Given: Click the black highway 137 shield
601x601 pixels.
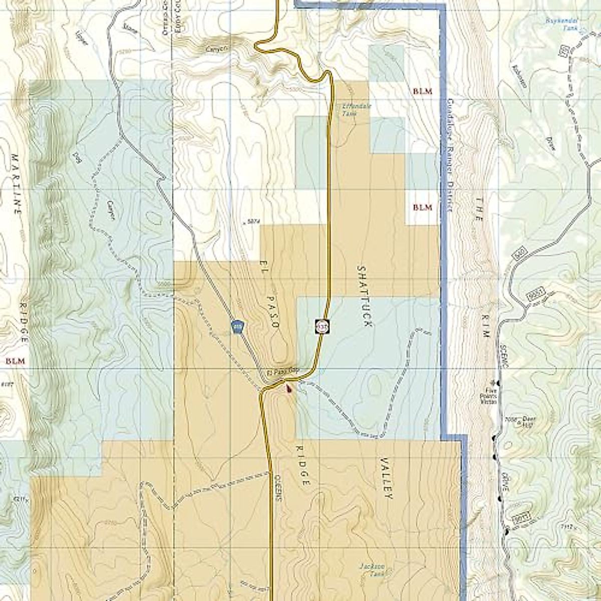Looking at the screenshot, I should coord(322,327).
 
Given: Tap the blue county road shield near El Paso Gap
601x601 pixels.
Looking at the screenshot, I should coord(237,326).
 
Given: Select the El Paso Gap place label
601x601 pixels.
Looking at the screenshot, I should coord(282,373).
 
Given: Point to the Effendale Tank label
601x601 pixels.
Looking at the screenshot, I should coord(350,110).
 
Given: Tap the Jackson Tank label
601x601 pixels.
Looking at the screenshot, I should coord(372,570).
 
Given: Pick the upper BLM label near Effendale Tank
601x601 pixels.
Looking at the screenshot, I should coord(423,92).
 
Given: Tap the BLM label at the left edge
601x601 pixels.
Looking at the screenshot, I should coord(15,361).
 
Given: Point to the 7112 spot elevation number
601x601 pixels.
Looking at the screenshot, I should coord(565,527).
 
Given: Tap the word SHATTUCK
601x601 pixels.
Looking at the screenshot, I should coord(364,296).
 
